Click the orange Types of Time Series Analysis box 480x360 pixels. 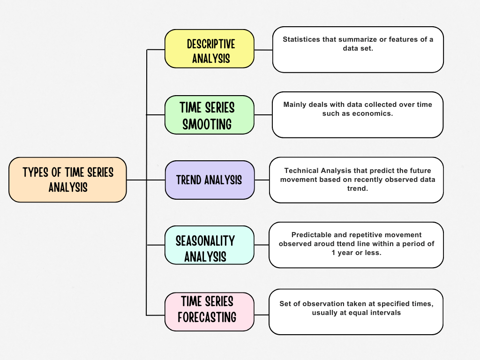[67, 180]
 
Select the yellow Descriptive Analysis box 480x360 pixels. [209, 48]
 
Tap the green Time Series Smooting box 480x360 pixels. [209, 115]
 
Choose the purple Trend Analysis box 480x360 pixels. [210, 180]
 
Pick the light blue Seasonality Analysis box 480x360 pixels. [209, 245]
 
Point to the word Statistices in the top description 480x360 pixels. [301, 39]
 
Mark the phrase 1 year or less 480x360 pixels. [356, 253]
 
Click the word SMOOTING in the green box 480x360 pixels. [207, 124]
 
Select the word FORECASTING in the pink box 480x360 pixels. [207, 317]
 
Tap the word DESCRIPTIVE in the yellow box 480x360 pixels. [211, 44]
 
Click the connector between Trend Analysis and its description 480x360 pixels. [262, 180]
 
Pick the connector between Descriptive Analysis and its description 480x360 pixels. [263, 50]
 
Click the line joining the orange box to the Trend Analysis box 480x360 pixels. [145, 180]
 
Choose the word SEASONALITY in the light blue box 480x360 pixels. [205, 241]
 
